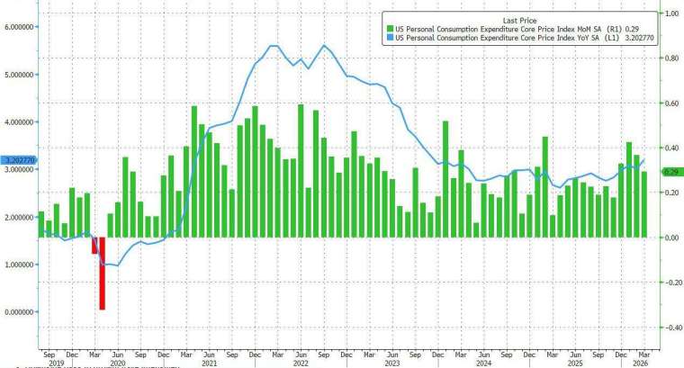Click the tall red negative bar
coord(102,273)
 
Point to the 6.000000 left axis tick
coord(19,27)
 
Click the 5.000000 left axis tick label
coord(19,75)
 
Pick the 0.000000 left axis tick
coord(19,312)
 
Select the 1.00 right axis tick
coord(669,14)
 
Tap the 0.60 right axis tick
coord(669,103)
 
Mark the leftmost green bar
coord(40,224)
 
